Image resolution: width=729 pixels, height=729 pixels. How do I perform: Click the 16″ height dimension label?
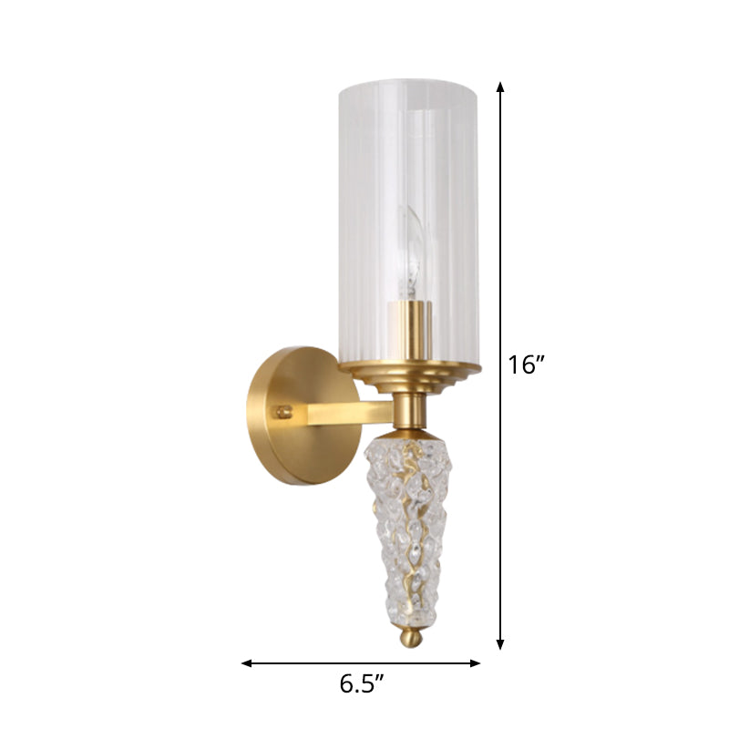(x=526, y=365)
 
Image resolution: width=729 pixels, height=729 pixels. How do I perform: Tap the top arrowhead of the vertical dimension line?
(x=500, y=86)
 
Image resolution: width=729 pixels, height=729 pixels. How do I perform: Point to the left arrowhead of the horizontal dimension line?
(x=246, y=663)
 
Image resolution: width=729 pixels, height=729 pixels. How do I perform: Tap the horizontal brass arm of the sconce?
(x=346, y=413)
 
